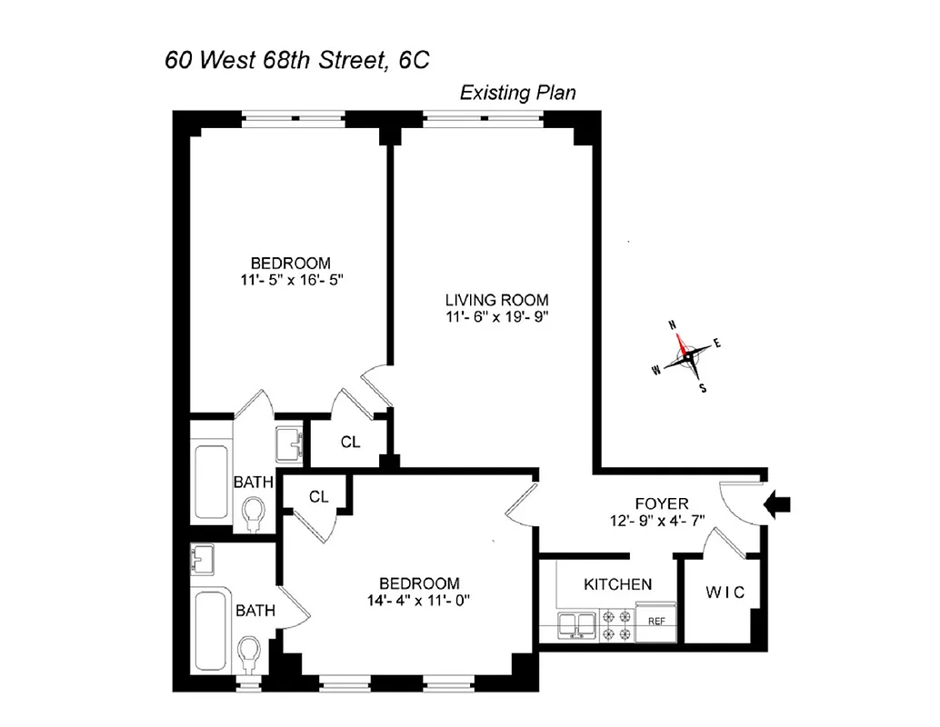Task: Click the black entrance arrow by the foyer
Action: click(780, 503)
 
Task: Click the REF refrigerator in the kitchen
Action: click(656, 622)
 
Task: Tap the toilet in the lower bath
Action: click(247, 652)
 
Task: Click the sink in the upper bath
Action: click(288, 444)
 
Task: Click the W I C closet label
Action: click(725, 593)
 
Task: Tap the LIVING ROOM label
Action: click(496, 299)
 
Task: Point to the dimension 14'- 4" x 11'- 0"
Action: click(419, 601)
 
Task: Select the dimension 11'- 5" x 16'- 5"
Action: click(291, 280)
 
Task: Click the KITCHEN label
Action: click(617, 583)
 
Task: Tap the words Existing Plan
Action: click(517, 93)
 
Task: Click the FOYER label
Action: click(661, 503)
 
